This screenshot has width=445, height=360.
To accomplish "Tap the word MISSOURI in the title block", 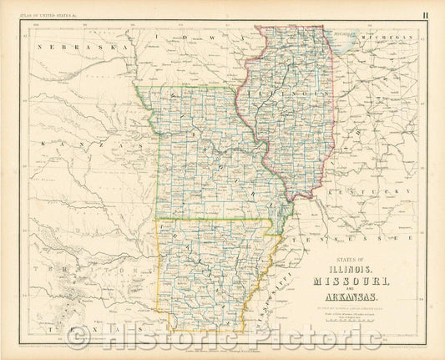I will tap(348, 282).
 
